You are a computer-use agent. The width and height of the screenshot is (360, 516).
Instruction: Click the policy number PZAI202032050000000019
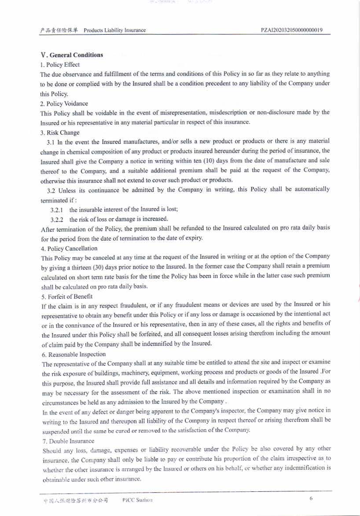291,30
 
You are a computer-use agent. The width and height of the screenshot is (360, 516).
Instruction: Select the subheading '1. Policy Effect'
60,65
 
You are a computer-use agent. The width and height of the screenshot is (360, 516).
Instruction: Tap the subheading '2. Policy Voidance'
64,103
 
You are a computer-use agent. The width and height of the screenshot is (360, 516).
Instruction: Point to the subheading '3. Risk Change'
60,132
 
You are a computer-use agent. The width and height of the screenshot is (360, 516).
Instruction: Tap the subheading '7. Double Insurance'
68,441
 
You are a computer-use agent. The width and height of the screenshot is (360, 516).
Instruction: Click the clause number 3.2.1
57,209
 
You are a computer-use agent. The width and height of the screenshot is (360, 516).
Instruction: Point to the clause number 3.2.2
57,219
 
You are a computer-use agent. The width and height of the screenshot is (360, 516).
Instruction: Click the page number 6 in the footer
311,498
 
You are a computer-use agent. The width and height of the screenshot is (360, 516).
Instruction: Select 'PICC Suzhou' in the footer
138,501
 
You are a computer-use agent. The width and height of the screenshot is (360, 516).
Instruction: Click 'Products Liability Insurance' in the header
114,30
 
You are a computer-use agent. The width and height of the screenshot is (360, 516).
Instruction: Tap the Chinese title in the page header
59,30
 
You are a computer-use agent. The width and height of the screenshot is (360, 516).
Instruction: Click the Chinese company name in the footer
76,501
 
